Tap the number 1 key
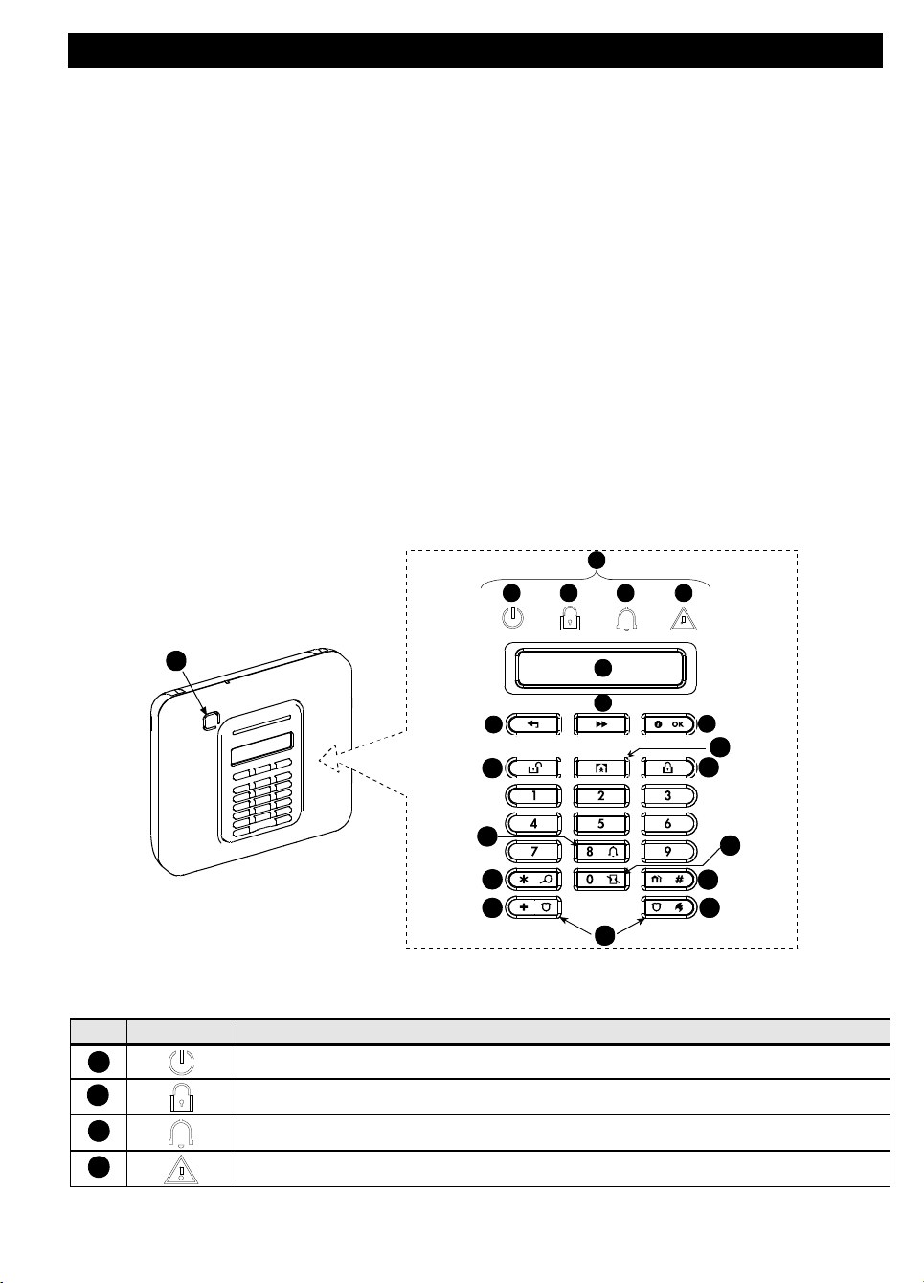[x=533, y=795]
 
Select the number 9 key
[x=668, y=851]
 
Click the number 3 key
[x=668, y=795]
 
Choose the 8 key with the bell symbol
[x=600, y=851]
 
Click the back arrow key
[x=533, y=724]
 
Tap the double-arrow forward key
[x=600, y=724]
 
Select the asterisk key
[x=533, y=879]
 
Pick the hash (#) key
[x=668, y=879]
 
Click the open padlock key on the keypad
[x=533, y=768]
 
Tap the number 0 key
[x=600, y=879]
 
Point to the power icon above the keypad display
[x=513, y=618]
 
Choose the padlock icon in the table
[x=182, y=1097]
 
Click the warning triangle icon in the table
[x=182, y=1170]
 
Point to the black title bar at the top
[x=475, y=50]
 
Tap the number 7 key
[x=533, y=851]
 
